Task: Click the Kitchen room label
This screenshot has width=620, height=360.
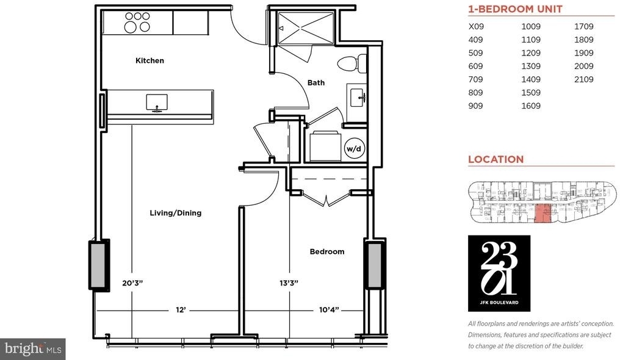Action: tap(150, 60)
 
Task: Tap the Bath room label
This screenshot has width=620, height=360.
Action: tap(316, 82)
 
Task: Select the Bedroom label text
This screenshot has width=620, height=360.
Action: tap(327, 251)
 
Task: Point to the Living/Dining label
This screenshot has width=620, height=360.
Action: tap(176, 213)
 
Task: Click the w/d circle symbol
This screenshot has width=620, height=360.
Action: tap(354, 149)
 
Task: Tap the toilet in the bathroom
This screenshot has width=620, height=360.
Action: tap(351, 63)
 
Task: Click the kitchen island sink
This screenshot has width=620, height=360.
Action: tap(157, 103)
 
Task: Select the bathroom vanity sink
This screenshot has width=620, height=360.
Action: tap(357, 97)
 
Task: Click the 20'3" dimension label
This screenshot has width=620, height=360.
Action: tap(132, 283)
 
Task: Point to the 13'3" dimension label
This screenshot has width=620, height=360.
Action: tap(289, 283)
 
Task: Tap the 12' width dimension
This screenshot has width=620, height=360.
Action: tap(181, 310)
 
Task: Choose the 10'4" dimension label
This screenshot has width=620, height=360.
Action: tap(329, 310)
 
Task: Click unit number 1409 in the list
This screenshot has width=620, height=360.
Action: tap(531, 79)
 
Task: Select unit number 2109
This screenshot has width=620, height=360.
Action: tap(583, 79)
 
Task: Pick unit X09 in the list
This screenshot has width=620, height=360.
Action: tap(476, 26)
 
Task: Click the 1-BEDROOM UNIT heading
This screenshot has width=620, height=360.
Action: tap(515, 9)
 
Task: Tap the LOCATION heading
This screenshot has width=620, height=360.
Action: tap(496, 159)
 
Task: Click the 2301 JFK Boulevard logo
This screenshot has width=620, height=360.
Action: tap(499, 273)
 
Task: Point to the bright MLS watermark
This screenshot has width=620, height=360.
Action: tap(33, 349)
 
